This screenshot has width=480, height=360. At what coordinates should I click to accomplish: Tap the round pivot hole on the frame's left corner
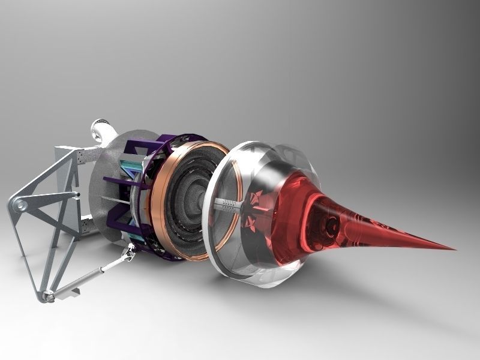pos(20,206)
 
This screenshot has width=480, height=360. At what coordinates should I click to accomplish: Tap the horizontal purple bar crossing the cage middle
pos(120,179)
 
